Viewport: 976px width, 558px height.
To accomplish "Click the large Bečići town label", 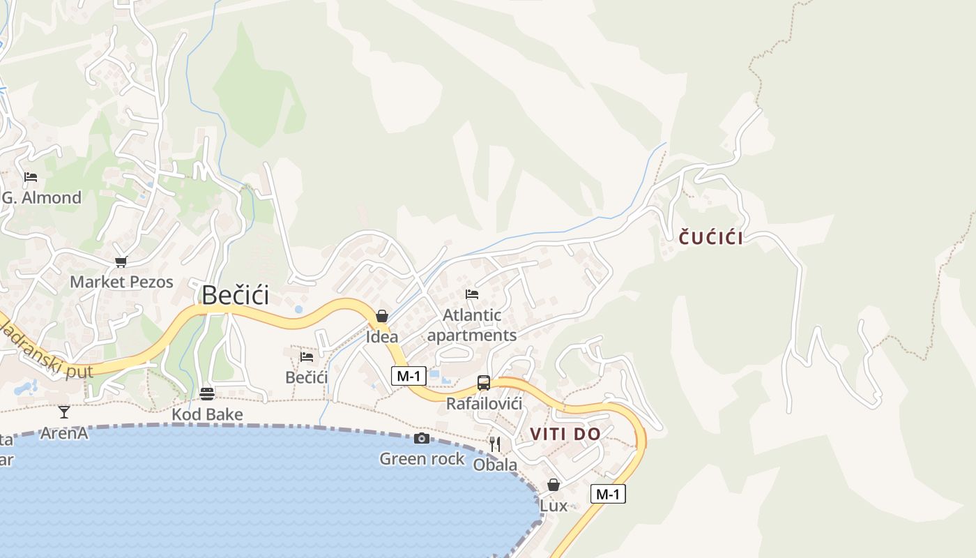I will [x=235, y=296].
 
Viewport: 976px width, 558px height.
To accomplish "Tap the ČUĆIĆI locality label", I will [x=710, y=238].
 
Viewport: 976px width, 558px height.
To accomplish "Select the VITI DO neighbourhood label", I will [x=565, y=434].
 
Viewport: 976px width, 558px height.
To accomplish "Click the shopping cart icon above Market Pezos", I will [x=121, y=262].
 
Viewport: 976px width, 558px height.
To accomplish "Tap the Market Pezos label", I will [x=121, y=282].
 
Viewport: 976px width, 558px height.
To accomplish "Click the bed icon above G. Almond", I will [x=31, y=177].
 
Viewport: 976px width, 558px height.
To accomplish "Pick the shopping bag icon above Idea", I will [x=381, y=316].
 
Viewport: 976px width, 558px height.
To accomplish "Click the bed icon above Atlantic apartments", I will [x=472, y=294].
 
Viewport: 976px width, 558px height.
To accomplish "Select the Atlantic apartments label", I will [x=472, y=325].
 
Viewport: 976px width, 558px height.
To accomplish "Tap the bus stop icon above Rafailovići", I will [x=483, y=383].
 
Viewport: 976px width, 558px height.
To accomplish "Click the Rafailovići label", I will [x=484, y=404].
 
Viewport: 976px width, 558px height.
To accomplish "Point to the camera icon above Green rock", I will [x=421, y=438].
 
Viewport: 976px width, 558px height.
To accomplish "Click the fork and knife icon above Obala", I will [x=494, y=444].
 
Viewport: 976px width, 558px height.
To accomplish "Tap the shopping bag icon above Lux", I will [x=554, y=484].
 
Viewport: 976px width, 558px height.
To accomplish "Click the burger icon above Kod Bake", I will [x=206, y=393].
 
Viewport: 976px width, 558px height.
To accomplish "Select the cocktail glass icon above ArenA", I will [x=64, y=412].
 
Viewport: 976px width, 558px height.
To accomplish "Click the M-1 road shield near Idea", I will [x=408, y=376].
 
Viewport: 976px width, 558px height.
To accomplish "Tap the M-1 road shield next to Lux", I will [x=608, y=494].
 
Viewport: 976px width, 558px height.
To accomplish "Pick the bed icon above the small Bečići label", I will [x=306, y=357].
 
